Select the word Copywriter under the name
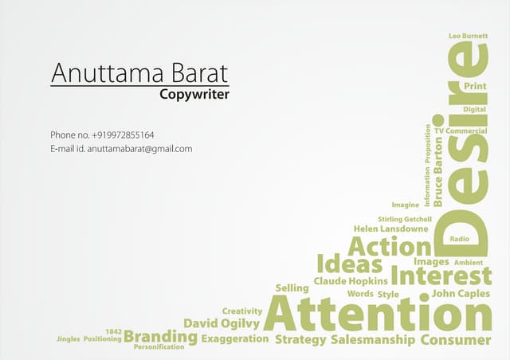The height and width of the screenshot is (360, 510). (x=194, y=95)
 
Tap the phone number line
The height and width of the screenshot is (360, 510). (x=102, y=135)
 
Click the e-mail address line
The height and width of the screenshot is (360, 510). (x=121, y=149)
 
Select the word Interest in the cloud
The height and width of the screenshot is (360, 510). (x=441, y=276)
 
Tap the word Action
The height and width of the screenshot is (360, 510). (x=389, y=246)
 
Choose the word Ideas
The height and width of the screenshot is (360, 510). (x=350, y=264)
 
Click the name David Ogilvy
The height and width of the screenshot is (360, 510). (x=222, y=323)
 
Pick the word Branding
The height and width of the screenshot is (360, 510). (x=160, y=337)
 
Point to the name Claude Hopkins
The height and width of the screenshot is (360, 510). (x=351, y=281)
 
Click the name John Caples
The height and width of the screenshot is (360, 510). (x=461, y=294)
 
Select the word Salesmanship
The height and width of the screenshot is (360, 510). (x=372, y=340)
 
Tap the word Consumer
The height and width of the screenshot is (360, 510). (x=455, y=340)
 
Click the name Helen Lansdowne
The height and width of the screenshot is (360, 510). (x=391, y=229)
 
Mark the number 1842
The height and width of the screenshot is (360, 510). (x=112, y=330)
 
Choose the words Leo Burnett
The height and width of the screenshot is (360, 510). (x=468, y=37)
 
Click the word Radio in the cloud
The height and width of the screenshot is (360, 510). (x=459, y=239)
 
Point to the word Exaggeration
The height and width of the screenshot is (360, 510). (x=234, y=339)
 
